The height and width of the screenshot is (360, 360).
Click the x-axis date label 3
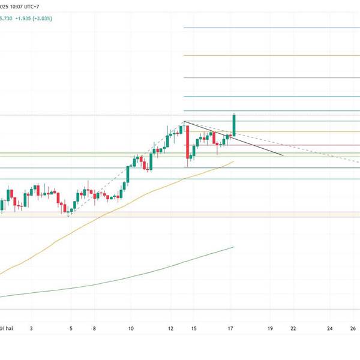pos(31,329)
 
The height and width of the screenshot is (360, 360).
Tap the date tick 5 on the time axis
pos(71,329)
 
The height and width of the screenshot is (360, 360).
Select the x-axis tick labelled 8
pos(95,329)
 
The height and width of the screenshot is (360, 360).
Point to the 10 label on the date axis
pos(131,329)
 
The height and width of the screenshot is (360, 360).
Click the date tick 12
pos(172,329)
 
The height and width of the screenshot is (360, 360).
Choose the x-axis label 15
pos(193,329)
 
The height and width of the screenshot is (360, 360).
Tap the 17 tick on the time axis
pos(231,329)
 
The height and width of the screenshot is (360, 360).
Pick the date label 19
pos(271,329)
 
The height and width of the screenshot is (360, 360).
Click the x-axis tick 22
pos(293,329)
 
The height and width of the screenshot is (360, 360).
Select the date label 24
pos(330,329)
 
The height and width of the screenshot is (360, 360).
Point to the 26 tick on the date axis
pos(353,329)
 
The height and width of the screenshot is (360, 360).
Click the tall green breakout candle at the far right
pos(233,124)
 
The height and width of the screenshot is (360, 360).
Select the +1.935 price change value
pos(31,19)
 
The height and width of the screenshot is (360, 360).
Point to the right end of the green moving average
pos(233,247)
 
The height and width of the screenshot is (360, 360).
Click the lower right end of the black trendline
pos(283,155)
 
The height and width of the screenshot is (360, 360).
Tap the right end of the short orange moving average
pos(233,161)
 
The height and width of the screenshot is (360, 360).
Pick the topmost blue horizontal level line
pos(270,28)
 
